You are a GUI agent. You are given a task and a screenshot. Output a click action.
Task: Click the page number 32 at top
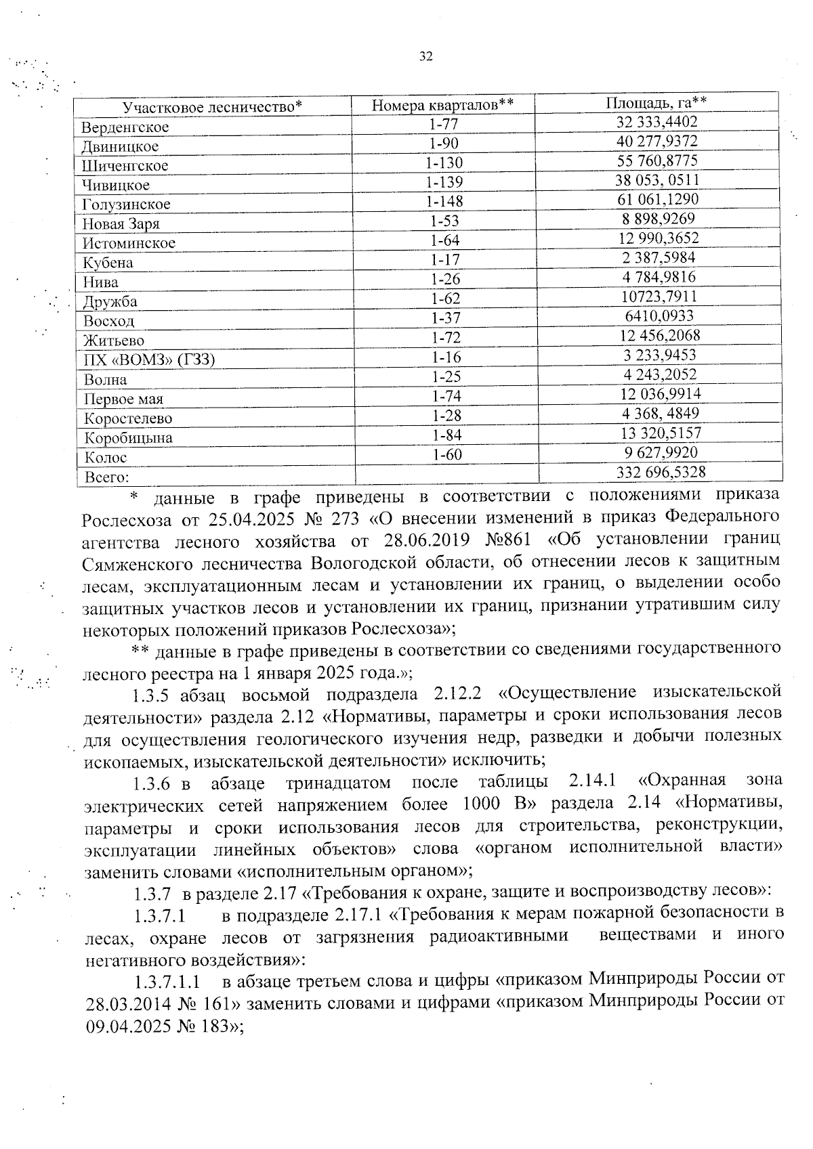point(425,57)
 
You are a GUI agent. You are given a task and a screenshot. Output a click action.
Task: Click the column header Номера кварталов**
point(442,105)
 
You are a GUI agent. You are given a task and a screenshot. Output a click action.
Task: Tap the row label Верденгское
point(125,127)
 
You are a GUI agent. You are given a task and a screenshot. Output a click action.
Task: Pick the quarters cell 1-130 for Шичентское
point(444,162)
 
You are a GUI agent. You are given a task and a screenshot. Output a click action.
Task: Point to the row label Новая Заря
point(121,224)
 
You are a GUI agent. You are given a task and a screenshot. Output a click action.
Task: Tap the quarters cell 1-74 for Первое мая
point(446,396)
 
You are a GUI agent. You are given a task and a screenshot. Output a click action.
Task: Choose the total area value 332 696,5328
point(661,471)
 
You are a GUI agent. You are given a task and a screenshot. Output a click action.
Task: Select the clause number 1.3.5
point(155,695)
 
